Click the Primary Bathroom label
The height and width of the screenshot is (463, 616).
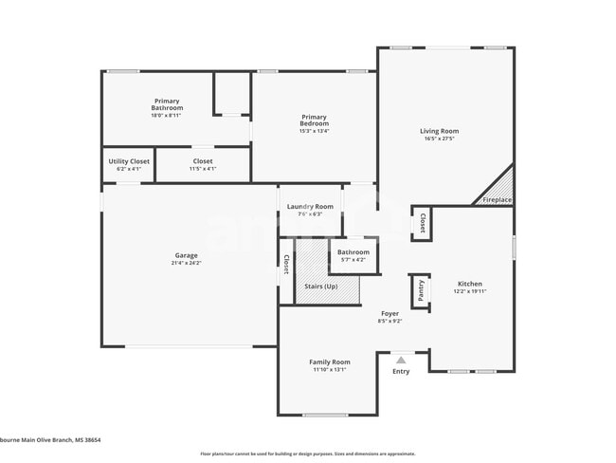coord(167,104)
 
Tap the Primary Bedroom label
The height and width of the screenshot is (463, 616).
coord(314,120)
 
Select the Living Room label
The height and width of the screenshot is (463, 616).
coord(440,131)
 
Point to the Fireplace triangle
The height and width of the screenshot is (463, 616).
coord(499,189)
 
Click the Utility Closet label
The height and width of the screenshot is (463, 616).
coord(129,161)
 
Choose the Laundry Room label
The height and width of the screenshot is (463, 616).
coord(310,206)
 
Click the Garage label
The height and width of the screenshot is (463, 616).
coord(186,255)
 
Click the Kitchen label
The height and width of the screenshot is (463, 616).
coord(470,284)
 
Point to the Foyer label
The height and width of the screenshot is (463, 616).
coord(390,313)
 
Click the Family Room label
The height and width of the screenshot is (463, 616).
coord(330,361)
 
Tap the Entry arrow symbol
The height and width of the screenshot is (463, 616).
coord(401,360)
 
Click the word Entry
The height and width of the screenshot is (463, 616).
coord(401,371)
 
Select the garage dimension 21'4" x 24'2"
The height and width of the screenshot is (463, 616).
coord(186,263)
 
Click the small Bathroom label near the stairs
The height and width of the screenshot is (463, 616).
coord(353,252)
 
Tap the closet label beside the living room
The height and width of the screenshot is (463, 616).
coord(422,223)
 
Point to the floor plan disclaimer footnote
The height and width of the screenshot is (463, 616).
coord(307,454)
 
